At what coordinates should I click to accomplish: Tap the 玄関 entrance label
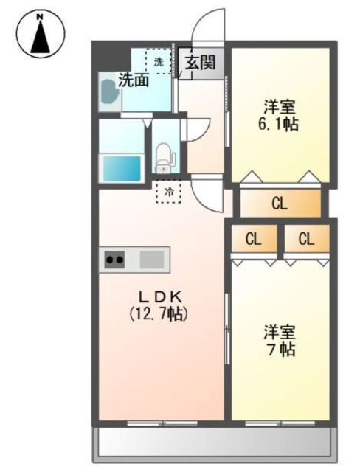(201, 62)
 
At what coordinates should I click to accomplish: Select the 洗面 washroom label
(134, 80)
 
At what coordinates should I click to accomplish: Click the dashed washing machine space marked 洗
(159, 61)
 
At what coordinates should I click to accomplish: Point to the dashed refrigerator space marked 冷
(169, 192)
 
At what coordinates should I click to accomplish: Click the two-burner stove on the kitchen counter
(114, 259)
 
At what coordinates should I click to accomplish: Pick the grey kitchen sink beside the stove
(152, 259)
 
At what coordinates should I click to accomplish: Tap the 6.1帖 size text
(278, 124)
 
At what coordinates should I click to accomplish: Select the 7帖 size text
(280, 349)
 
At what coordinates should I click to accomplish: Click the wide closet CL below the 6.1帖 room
(280, 204)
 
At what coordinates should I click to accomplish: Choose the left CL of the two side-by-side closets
(254, 239)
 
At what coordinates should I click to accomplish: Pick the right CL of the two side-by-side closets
(306, 239)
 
